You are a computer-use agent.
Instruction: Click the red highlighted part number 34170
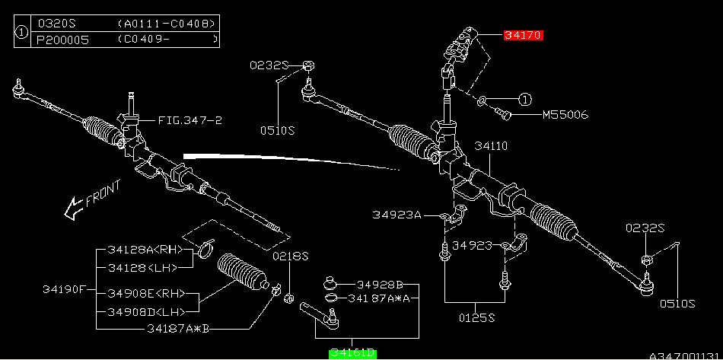[x=523, y=36]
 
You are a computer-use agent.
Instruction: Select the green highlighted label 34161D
[x=352, y=352]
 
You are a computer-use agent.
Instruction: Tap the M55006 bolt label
[x=565, y=116]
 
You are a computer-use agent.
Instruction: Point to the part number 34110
[x=491, y=145]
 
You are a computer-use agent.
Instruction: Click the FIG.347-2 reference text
[x=190, y=120]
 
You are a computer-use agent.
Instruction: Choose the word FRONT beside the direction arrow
[x=103, y=193]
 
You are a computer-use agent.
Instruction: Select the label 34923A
[x=396, y=215]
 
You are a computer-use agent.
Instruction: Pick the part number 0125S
[x=476, y=317]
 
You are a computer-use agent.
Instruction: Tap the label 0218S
[x=290, y=256]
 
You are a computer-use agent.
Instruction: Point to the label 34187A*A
[x=379, y=298]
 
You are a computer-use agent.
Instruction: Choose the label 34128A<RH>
[x=142, y=249]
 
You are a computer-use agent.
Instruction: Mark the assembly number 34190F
[x=64, y=289]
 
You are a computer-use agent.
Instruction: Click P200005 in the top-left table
[x=63, y=39]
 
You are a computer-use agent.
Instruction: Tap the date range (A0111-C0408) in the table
[x=167, y=24]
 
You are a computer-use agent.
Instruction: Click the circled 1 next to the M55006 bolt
[x=524, y=99]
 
